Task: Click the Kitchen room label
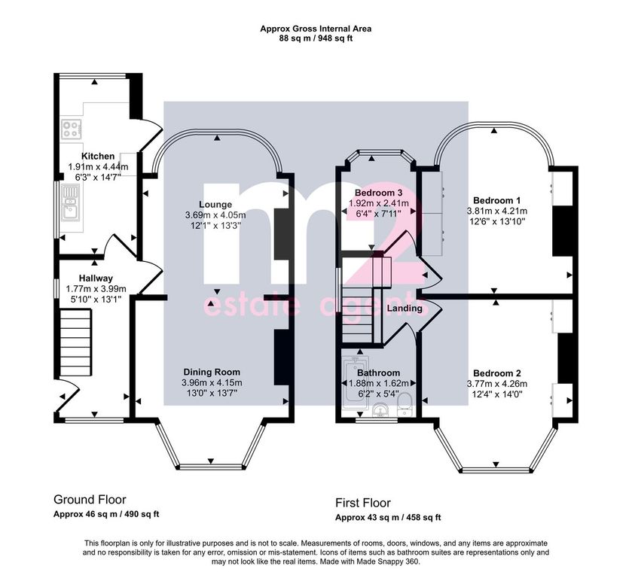coord(98,157)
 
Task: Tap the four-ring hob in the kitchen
coord(71,129)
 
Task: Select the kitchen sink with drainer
coord(71,203)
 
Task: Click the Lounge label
coord(215,205)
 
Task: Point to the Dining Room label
coord(212,373)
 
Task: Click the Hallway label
coord(96,278)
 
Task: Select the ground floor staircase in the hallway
coord(75,342)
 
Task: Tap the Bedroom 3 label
coord(378,193)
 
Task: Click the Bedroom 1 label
coord(496,201)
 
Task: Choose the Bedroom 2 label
coord(497,373)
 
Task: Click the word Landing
coord(405,309)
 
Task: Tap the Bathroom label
coord(378,373)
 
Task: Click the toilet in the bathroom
coord(404,405)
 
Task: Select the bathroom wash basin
coord(380,410)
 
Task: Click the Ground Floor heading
coord(90,500)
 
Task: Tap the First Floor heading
coord(363,503)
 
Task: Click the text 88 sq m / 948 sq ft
coord(316,38)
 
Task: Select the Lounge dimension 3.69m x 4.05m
coord(215,215)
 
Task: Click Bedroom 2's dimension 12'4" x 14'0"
coord(497,394)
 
